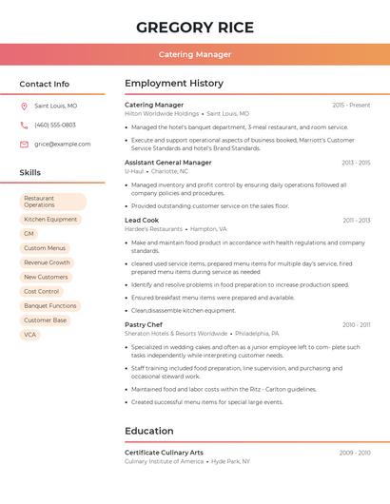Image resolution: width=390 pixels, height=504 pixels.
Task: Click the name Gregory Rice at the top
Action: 194,26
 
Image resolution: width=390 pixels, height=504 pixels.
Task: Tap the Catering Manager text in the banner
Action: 194,54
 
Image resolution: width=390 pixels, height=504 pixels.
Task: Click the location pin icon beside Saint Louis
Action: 24,106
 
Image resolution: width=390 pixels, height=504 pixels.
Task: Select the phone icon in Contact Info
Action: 24,125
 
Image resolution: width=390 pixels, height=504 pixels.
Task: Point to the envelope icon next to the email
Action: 24,144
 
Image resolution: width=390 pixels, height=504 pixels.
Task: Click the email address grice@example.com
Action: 63,144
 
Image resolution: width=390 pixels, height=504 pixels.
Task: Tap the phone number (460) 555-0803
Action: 55,125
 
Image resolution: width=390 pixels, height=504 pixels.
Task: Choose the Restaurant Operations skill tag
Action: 52,202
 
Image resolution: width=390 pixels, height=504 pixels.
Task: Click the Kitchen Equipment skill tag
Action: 50,220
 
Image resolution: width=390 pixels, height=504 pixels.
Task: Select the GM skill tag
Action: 29,234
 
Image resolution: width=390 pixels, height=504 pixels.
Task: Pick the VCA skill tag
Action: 30,335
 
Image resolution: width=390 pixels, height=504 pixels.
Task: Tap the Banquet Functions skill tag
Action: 50,306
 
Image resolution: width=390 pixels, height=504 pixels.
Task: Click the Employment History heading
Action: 174,84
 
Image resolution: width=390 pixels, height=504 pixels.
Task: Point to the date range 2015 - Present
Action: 351,105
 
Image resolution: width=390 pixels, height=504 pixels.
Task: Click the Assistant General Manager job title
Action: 168,163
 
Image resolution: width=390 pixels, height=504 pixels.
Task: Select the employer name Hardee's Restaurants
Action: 153,229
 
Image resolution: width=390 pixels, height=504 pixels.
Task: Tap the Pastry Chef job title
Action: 144,324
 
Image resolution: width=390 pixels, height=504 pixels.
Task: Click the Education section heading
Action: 149,431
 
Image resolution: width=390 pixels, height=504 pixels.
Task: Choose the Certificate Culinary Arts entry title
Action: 164,453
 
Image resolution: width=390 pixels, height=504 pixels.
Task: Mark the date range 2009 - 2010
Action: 355,453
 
